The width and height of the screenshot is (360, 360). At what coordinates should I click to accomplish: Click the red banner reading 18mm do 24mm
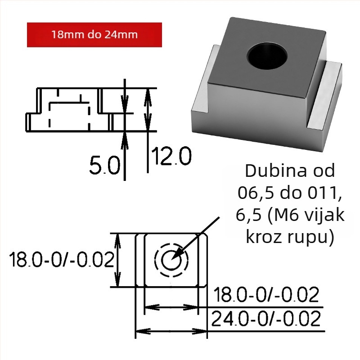[94, 35]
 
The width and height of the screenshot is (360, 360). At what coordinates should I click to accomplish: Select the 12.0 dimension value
[171, 156]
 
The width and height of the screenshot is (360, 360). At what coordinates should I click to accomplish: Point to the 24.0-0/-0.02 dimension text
[265, 319]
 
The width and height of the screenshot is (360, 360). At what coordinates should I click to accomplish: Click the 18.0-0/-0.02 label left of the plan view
[62, 259]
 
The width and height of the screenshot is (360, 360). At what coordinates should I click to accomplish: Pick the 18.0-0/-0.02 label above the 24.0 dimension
[266, 295]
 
